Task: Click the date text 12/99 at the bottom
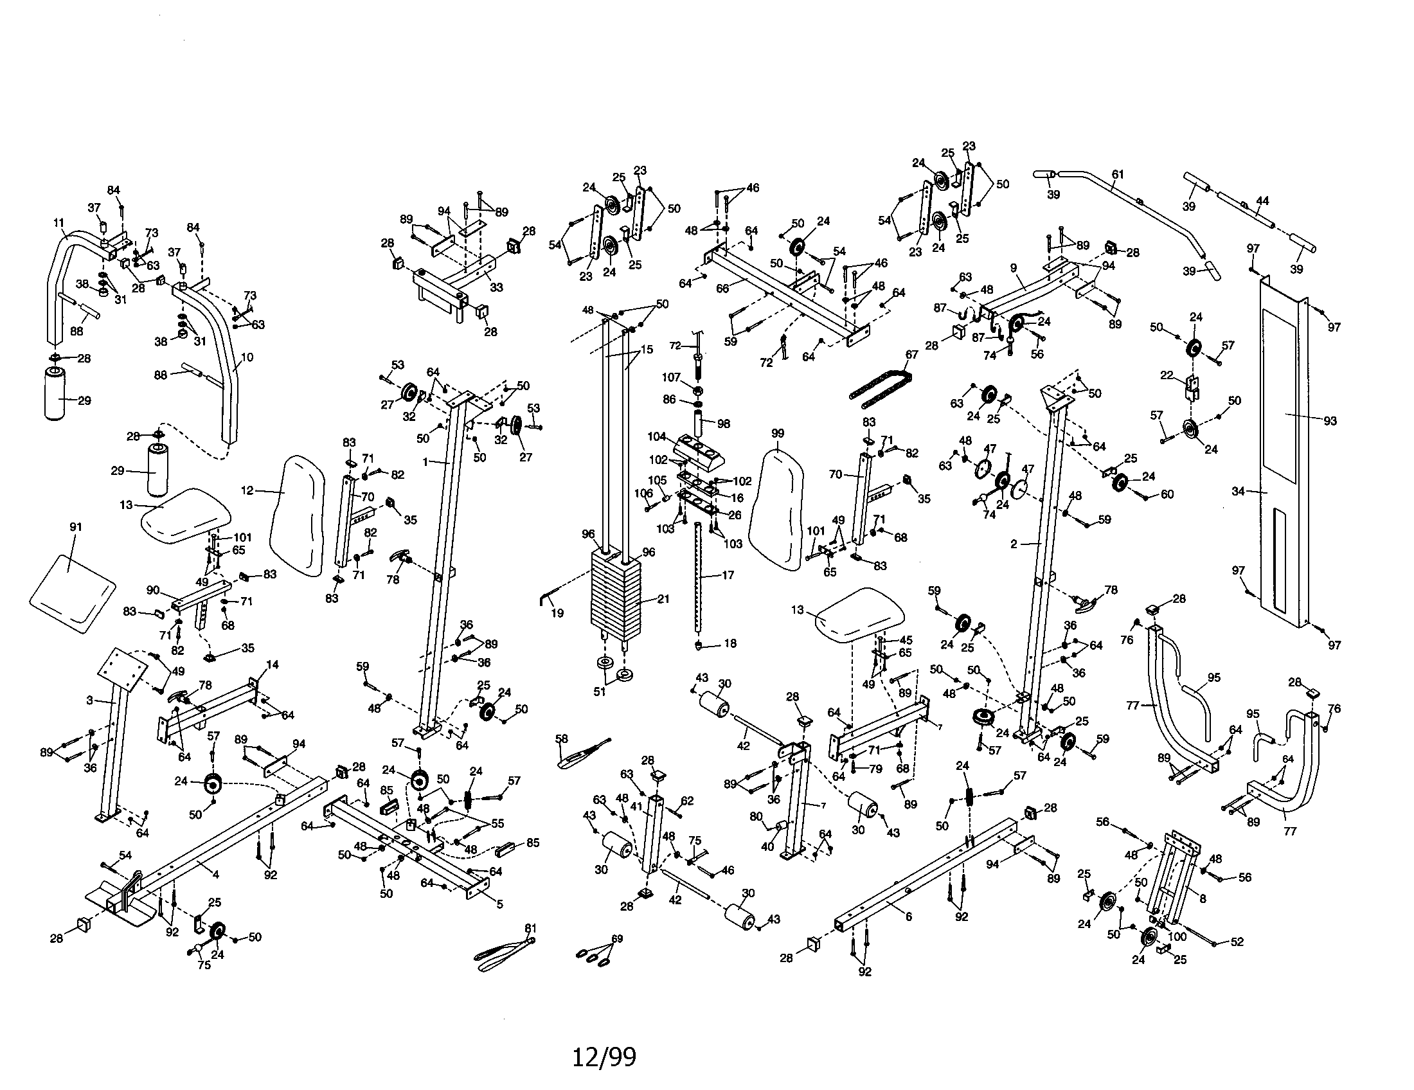pos(604,1057)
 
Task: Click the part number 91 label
pos(76,527)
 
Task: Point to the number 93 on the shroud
pos(1330,421)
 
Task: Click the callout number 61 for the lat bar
pos(1118,174)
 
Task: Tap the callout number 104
pos(656,436)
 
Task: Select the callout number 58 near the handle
pos(561,738)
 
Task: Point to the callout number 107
pos(672,377)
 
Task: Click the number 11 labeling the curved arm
pos(59,222)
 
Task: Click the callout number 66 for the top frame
pos(722,288)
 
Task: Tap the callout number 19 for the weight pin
pos(557,613)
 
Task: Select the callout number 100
pos(1177,936)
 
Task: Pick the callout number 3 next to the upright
pos(89,701)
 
